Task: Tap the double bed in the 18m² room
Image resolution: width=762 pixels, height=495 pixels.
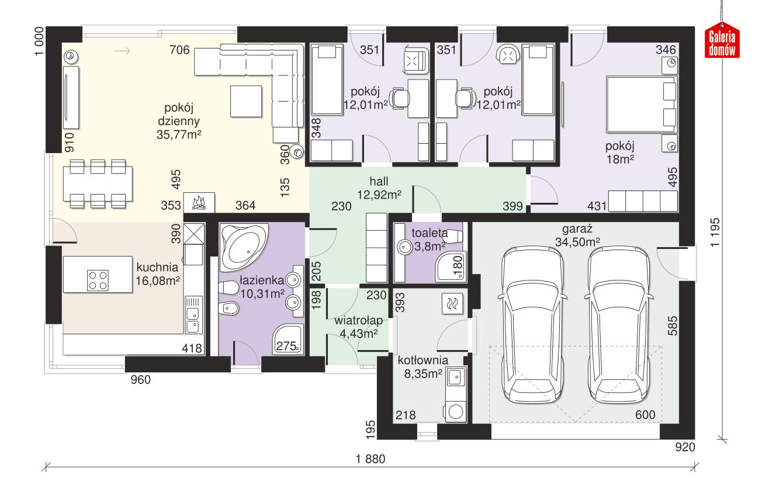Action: coord(640,104)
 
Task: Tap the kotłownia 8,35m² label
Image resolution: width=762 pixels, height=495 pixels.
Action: coord(422,366)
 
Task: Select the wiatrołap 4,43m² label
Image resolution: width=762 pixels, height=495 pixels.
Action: coord(358,327)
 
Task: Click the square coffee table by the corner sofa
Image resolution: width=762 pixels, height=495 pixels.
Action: coord(245,101)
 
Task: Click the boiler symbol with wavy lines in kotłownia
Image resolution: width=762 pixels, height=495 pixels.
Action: coord(453,303)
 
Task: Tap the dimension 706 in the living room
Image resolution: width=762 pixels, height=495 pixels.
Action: coord(179,50)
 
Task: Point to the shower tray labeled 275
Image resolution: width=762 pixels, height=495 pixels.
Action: coord(287,340)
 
